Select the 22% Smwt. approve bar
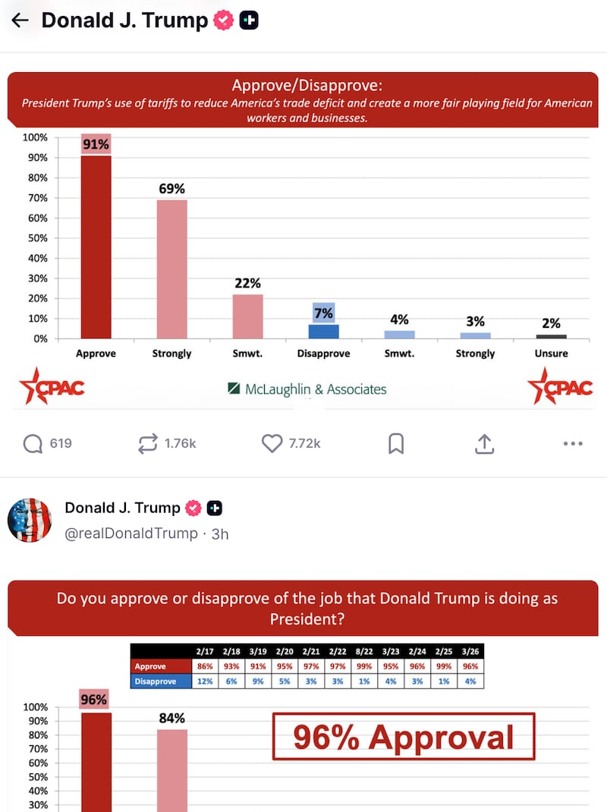pos(248,316)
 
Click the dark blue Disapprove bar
pos(324,331)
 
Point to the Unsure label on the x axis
pos(551,354)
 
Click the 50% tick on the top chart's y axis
pos(36,238)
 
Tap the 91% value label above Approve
pos(96,143)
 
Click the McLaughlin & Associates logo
pos(307,389)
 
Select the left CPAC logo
pos(52,387)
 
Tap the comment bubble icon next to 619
pos(33,443)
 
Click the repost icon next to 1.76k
pos(147,443)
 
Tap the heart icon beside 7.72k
pos(272,443)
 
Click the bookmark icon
pos(396,443)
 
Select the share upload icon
pos(485,443)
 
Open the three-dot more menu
pos(573,443)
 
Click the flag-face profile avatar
pos(29,521)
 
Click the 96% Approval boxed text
pos(404,737)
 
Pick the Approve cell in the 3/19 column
pos(258,666)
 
